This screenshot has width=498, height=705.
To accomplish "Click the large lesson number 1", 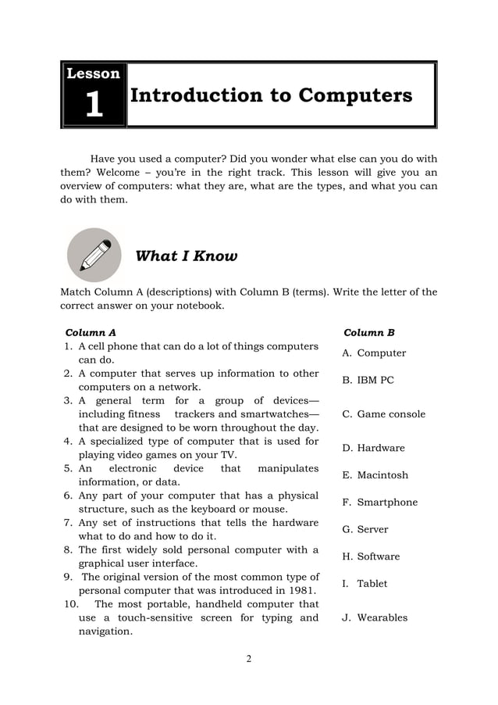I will tap(94, 105).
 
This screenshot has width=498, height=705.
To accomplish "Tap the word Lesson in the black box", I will tap(94, 74).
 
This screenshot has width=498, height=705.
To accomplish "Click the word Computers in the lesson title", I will tap(355, 95).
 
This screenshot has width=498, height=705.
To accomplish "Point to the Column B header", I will tap(369, 332).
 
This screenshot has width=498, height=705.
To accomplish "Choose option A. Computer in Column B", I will tap(374, 353).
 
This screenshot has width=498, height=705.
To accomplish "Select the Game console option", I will tap(384, 414).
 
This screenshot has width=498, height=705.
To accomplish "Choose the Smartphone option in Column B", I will tap(379, 503).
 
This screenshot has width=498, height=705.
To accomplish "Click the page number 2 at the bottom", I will tap(249, 659).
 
